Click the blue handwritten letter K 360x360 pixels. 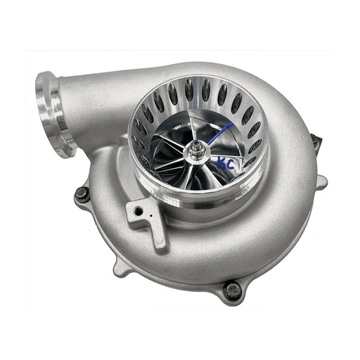(x=221, y=162)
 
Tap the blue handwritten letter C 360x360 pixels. (x=230, y=165)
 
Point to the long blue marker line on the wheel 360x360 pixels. (x=220, y=133)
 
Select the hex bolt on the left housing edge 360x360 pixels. (x=82, y=194)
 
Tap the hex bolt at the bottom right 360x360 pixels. (x=233, y=290)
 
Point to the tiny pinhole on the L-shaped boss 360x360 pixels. (x=151, y=215)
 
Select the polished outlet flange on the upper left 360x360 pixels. (x=54, y=115)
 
